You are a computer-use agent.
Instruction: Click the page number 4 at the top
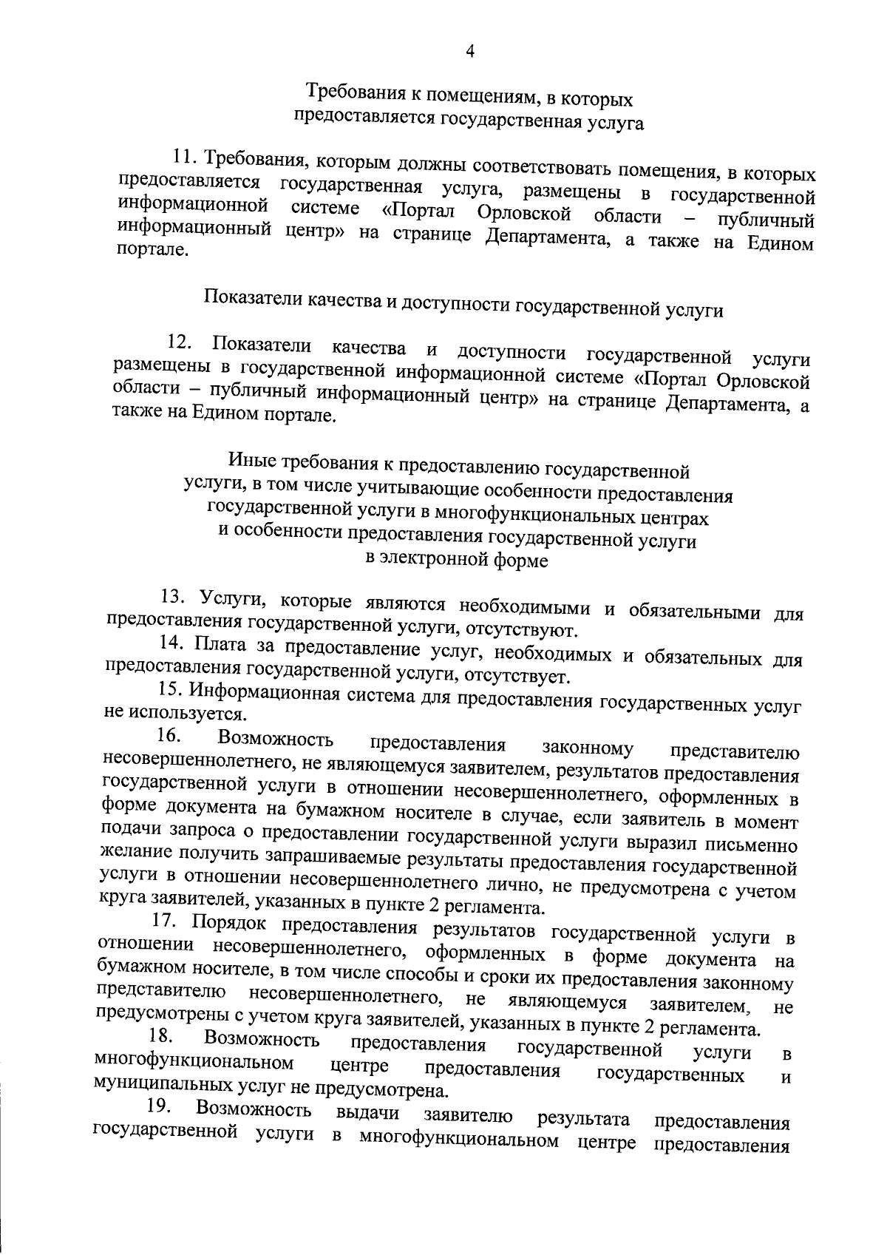(470, 51)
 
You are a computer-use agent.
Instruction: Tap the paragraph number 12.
(180, 342)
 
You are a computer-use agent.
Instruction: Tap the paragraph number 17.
(164, 921)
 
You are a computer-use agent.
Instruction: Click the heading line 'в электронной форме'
(458, 560)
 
